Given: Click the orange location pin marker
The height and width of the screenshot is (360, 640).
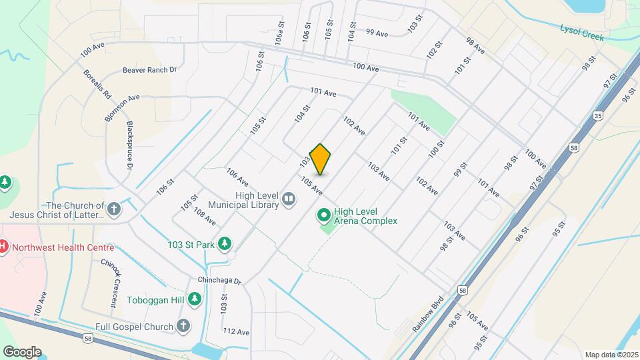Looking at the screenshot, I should coord(321,159).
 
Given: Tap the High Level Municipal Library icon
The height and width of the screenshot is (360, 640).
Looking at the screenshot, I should coord(289,198).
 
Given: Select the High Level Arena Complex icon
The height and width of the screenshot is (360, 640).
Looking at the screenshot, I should coord(324,216).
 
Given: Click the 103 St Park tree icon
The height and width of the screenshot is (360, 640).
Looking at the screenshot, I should coord(226,244).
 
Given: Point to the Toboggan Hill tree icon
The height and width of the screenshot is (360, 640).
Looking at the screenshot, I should coord(195,300).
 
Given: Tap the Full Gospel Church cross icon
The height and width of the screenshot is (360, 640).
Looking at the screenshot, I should coord(184,326).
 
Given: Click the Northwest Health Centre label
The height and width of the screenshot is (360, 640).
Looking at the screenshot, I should coord(64,247).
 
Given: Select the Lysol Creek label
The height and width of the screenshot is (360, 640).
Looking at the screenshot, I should coord(582,33).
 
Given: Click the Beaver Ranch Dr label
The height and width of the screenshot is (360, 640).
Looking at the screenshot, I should coord(149,69).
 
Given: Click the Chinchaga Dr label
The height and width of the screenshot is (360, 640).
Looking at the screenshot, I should coord(219,280).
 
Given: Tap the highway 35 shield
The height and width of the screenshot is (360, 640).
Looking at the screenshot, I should coord(599,115).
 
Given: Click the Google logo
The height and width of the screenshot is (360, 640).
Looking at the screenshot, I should coord(22,351).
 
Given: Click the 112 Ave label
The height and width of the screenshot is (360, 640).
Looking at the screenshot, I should coord(236,331).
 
